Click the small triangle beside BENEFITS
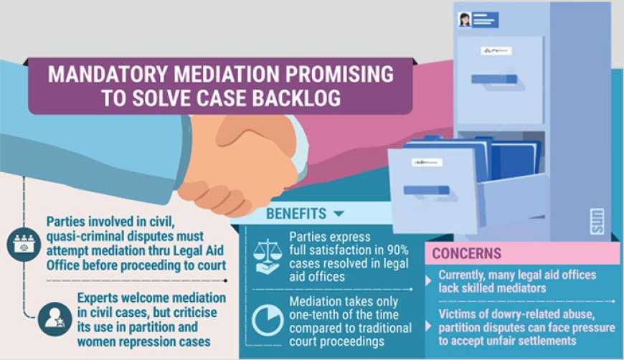(x=339, y=214)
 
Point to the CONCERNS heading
(x=467, y=254)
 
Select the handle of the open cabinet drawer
(x=426, y=190)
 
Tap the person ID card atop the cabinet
(x=478, y=19)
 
